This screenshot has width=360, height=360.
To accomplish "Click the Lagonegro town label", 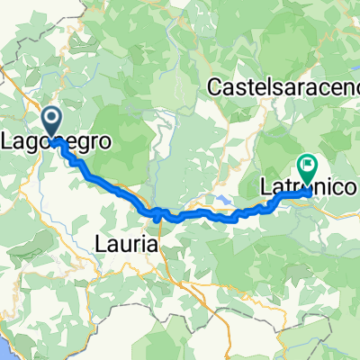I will click(54, 143).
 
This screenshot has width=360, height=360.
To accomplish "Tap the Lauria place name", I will click(126, 243).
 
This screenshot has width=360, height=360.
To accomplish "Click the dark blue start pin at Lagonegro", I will click(51, 123).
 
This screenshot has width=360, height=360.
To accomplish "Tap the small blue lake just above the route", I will click(222, 201).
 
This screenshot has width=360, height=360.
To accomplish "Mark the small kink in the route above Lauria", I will click(158, 215).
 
